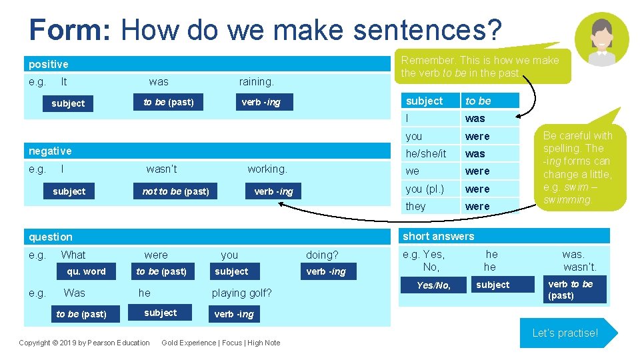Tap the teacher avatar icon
tap(601, 39)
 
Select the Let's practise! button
tap(565, 333)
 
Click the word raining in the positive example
tap(256, 81)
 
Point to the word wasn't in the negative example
tap(161, 169)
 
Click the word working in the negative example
tap(267, 169)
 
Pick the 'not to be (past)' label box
tap(175, 191)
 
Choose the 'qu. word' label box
tap(86, 271)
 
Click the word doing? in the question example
tap(322, 255)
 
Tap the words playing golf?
tap(241, 293)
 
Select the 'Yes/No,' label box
tap(433, 285)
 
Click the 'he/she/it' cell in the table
tap(425, 153)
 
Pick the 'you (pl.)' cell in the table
tap(425, 189)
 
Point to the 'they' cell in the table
tap(415, 206)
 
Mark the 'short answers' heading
tap(439, 236)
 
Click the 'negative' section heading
tap(50, 151)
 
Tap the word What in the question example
tap(73, 255)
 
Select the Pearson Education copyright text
tap(84, 343)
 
